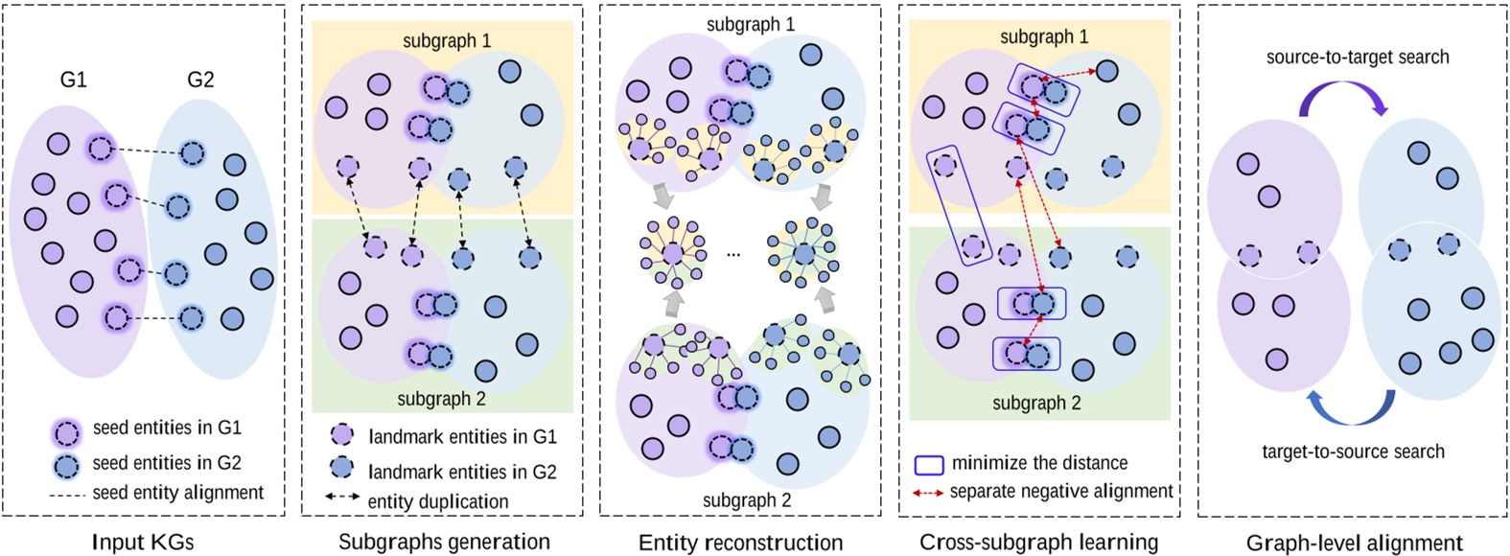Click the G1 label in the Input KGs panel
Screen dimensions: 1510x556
tap(74, 80)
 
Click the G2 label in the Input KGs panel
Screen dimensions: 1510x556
tap(200, 80)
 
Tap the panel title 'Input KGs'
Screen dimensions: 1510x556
tap(143, 542)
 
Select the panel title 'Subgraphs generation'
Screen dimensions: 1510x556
tap(444, 542)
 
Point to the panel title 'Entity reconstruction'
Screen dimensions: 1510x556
tap(741, 543)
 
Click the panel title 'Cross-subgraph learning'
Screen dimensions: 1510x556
tap(1039, 542)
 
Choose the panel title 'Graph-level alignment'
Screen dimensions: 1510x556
tap(1355, 543)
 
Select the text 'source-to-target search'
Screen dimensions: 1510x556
tap(1358, 57)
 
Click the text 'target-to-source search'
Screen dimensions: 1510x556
tap(1353, 451)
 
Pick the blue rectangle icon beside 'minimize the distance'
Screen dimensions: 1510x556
tap(928, 464)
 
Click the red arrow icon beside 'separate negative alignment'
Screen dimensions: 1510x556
tap(928, 494)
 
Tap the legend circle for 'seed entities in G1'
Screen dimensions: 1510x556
tap(67, 432)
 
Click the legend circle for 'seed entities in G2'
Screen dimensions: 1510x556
tap(67, 466)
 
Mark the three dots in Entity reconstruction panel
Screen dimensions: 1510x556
tap(734, 255)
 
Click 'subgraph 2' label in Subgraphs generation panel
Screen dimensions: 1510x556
tap(442, 399)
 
